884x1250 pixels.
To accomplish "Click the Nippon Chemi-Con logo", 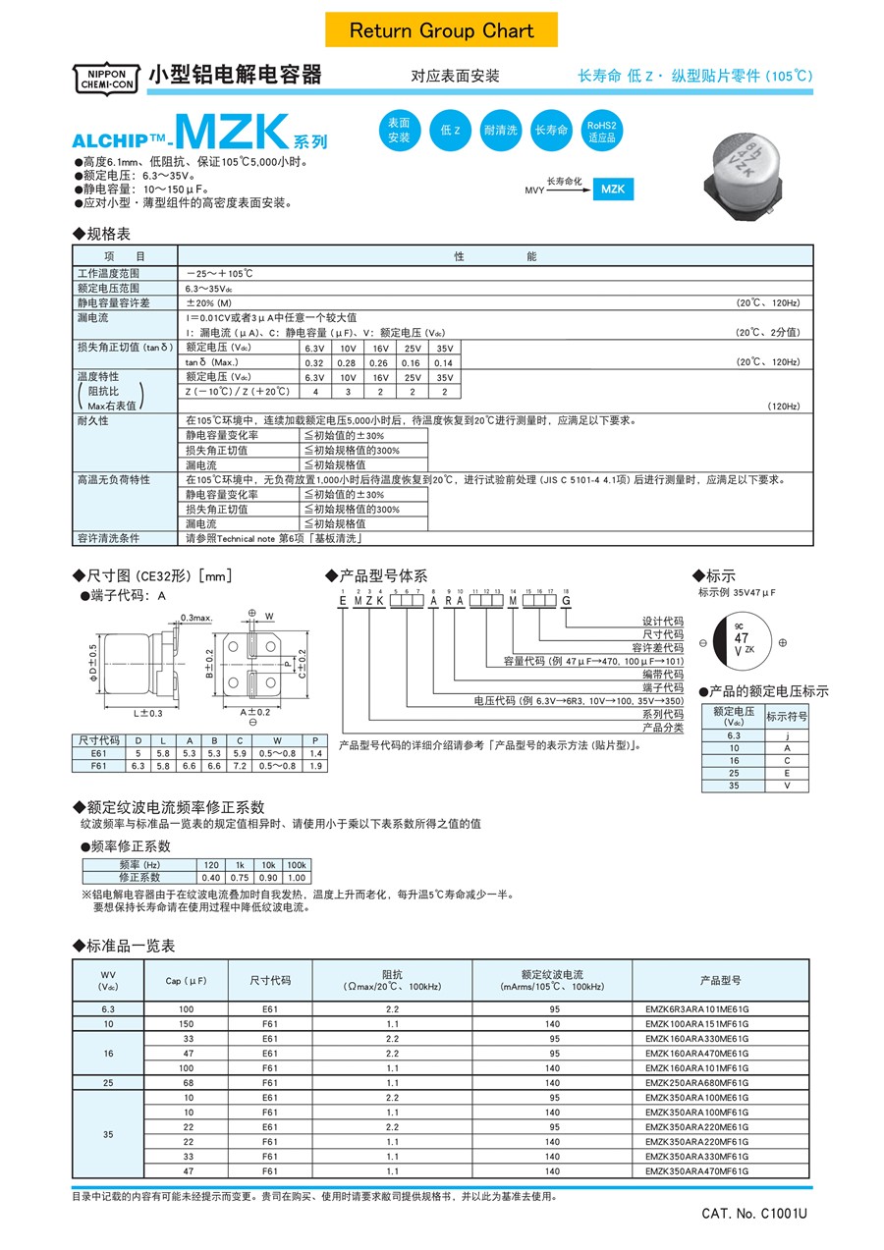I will point(101,79).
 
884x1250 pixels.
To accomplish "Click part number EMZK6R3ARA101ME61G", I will point(696,1009).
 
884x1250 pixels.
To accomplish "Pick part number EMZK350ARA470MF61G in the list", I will point(696,1170).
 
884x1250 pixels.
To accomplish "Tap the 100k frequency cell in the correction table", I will point(296,864).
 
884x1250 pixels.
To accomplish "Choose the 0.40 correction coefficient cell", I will point(211,878).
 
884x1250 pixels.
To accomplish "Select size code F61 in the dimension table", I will point(98,765).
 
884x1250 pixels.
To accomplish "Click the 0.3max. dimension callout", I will point(196,618).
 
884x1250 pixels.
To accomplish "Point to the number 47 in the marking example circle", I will point(742,637).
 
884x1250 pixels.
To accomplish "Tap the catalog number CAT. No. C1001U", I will point(753,1214).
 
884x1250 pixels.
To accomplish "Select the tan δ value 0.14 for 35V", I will point(444,362).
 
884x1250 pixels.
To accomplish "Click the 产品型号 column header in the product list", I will point(720,980).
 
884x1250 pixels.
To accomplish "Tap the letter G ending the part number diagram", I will point(566,602).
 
